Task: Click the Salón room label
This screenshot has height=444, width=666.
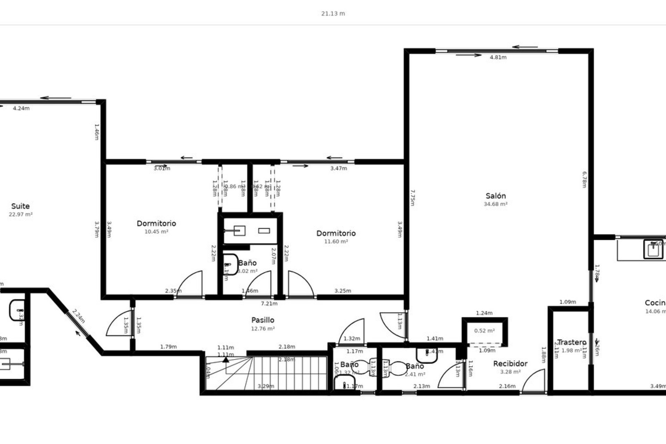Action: tap(495, 196)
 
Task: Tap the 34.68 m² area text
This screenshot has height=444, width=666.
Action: tap(495, 204)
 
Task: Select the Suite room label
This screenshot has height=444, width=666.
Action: tap(20, 206)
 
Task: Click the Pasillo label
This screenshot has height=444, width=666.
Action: tap(263, 320)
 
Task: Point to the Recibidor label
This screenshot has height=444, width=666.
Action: tap(510, 364)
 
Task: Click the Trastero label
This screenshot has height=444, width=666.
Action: tap(571, 342)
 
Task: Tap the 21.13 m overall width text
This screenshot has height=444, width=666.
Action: tap(333, 14)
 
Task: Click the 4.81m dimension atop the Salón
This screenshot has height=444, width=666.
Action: tap(498, 58)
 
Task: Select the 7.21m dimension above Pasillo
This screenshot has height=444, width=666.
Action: tap(269, 304)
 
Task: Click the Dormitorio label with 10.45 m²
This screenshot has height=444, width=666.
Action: tap(156, 223)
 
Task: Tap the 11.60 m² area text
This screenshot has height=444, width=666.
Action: tap(336, 241)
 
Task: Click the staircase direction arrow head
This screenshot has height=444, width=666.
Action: tap(226, 359)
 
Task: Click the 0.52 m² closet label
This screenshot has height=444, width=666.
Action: tap(484, 331)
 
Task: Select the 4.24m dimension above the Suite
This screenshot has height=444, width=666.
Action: tap(21, 108)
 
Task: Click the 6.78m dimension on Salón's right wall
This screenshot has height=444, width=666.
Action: tap(584, 179)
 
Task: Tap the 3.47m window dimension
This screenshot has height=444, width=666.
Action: tap(338, 169)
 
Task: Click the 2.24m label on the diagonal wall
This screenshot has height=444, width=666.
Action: tap(79, 316)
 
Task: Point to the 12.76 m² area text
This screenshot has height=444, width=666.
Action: tap(263, 328)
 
